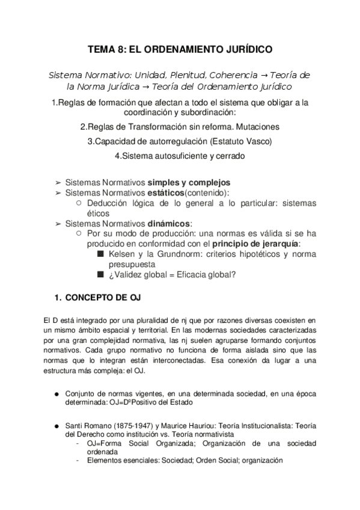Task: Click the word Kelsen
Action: coord(122,254)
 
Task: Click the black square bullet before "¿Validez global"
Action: coord(100,275)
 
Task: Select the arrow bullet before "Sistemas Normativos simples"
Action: coord(58,182)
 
